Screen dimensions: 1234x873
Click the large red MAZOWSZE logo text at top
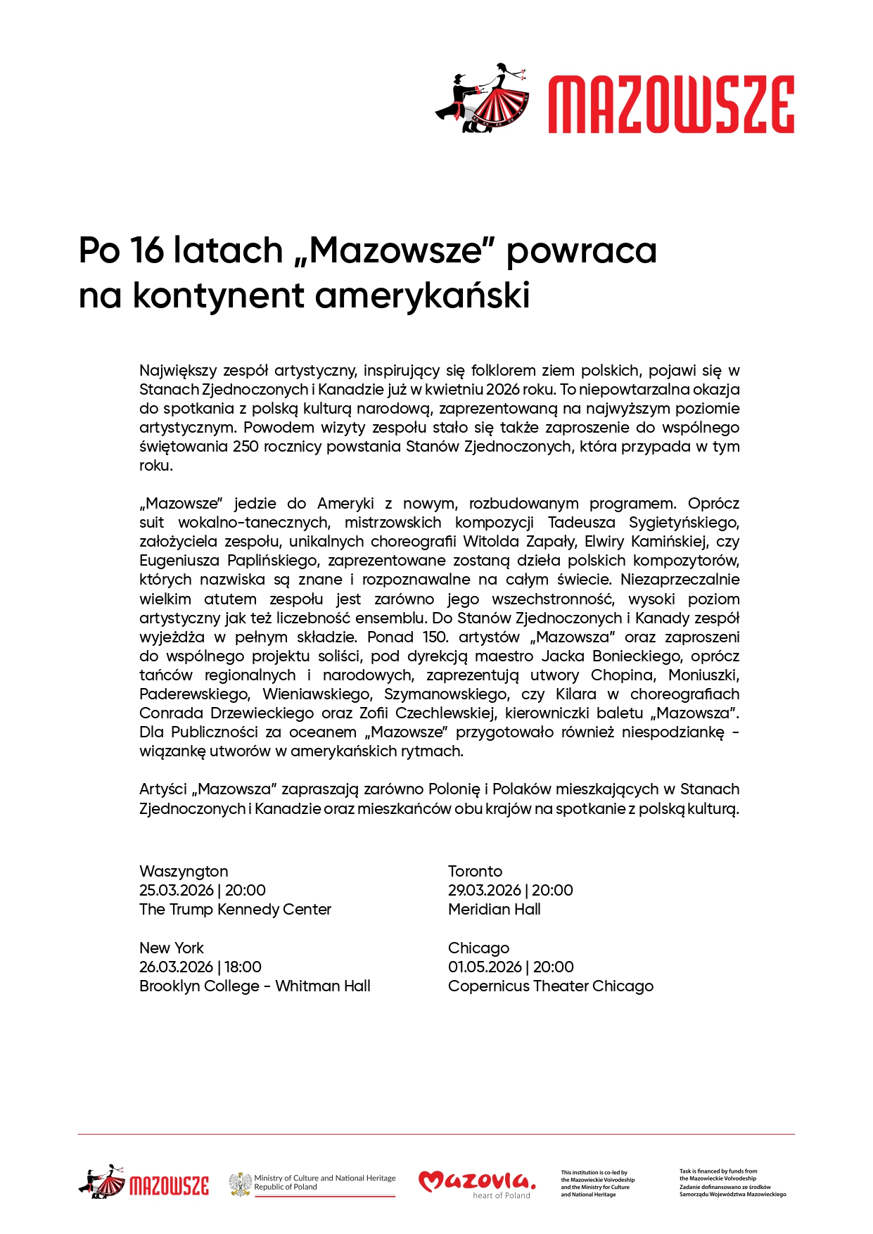point(671,105)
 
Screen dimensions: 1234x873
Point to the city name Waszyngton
point(184,871)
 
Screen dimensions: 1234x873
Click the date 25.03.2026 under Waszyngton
point(176,890)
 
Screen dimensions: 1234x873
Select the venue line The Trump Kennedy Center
point(235,909)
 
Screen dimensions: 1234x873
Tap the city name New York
point(172,948)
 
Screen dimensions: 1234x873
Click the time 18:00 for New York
point(243,967)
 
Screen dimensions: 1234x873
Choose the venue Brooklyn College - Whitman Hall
point(255,986)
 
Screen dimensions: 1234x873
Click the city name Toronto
point(475,871)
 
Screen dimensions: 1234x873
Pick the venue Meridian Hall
point(494,909)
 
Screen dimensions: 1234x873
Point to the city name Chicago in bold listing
point(478,948)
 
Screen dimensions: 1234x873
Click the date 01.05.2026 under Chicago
point(485,967)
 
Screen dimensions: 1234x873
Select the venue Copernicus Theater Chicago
point(550,986)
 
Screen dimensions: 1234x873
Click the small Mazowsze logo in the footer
point(144,1183)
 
